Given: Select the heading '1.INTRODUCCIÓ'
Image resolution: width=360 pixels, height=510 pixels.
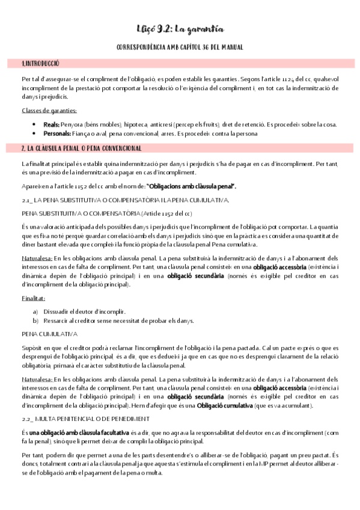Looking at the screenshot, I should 41,63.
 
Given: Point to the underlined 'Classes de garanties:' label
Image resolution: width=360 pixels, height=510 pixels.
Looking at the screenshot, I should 49,111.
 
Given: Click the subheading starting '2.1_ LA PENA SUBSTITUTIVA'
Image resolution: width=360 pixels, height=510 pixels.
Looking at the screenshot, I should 124,199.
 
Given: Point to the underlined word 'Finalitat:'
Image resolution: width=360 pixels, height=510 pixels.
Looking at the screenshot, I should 34,299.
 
